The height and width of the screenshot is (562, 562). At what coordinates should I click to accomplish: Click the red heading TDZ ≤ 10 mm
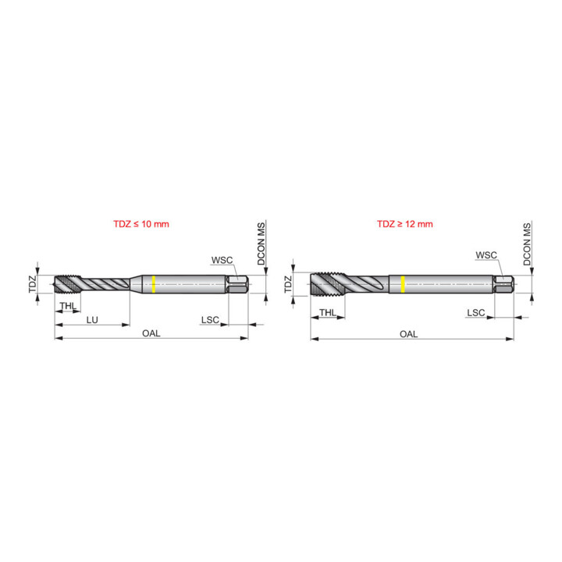pyautogui.click(x=141, y=224)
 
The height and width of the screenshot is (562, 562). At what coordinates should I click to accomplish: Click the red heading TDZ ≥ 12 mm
pyautogui.click(x=405, y=224)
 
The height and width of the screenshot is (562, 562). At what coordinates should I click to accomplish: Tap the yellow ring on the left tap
pyautogui.click(x=154, y=284)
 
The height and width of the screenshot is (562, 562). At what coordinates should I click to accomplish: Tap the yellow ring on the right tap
pyautogui.click(x=403, y=284)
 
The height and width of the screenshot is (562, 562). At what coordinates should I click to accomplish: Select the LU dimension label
pyautogui.click(x=92, y=320)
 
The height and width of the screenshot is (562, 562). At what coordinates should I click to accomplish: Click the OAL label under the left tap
pyautogui.click(x=151, y=333)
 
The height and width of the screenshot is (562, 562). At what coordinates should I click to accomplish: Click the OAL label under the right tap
pyautogui.click(x=408, y=334)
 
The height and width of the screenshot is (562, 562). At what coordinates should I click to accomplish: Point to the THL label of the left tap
pyautogui.click(x=68, y=306)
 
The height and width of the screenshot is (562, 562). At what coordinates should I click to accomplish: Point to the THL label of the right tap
pyautogui.click(x=328, y=312)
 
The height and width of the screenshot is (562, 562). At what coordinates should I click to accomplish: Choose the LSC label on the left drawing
pyautogui.click(x=210, y=320)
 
